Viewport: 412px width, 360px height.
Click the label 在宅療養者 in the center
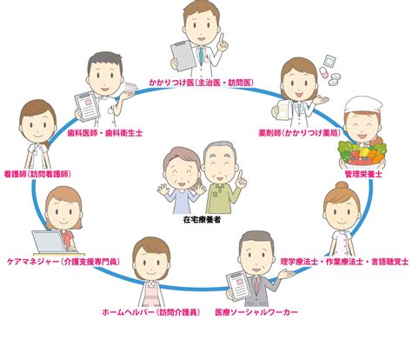202,219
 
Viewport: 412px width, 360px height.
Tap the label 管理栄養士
363,174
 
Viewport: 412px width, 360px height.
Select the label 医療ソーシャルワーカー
256,312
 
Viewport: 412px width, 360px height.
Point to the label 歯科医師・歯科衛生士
105,133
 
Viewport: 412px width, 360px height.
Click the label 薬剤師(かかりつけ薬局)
300,133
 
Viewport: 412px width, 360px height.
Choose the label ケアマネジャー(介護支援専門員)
63,262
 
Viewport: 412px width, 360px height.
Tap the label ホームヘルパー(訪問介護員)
151,312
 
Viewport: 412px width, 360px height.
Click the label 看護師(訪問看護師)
37,174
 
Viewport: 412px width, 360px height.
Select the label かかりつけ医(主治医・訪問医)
202,83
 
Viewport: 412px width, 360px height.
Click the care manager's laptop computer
50,242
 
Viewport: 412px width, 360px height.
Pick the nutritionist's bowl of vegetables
362,155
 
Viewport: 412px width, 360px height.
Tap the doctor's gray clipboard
182,56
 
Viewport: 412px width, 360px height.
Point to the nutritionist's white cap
363,106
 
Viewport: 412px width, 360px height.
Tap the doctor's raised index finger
222,38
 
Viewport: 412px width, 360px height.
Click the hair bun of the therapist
342,185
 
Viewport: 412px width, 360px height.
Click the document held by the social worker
238,287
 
